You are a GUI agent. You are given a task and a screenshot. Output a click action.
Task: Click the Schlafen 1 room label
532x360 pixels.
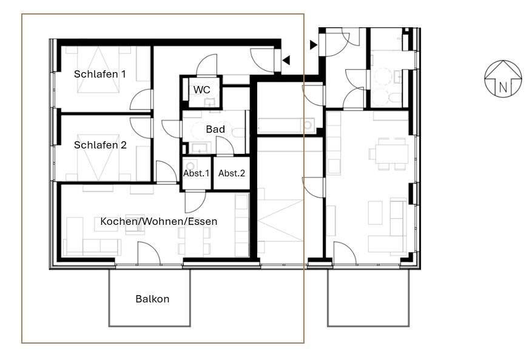click(x=100, y=74)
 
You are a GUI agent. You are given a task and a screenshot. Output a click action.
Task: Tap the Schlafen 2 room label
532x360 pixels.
click(x=100, y=145)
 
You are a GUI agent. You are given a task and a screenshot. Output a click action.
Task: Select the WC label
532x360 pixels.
click(x=202, y=90)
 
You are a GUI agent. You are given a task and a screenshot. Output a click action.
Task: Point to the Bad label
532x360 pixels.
click(x=215, y=129)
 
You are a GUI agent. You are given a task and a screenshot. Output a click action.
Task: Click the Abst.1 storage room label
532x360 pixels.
click(x=196, y=173)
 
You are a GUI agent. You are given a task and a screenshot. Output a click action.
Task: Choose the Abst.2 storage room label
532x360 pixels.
click(x=232, y=173)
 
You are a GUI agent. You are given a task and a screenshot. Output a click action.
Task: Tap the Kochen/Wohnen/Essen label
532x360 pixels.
click(x=158, y=221)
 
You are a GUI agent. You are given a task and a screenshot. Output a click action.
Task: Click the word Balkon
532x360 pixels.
click(x=152, y=299)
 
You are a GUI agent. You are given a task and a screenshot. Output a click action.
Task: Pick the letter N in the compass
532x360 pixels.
click(x=503, y=87)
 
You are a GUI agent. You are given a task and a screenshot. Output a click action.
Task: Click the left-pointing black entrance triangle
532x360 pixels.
click(x=286, y=60)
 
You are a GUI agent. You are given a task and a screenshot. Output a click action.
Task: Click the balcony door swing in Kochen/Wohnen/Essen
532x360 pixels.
click(x=149, y=254)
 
